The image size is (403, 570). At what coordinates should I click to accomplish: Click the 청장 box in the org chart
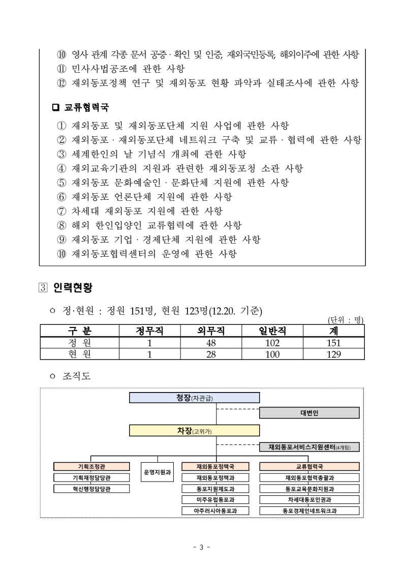coord(194,397)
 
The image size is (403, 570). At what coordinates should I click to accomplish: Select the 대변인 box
coord(309,413)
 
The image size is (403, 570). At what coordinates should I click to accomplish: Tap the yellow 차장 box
coord(194,431)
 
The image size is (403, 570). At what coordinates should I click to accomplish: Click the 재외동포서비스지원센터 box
coord(309,447)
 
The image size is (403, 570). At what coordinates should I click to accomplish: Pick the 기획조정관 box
coord(91,466)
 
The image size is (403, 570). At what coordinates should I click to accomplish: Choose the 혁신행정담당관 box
coord(91,489)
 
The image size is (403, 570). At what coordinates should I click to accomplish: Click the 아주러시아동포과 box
coord(215,510)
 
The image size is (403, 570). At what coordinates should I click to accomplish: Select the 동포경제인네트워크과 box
coord(309,510)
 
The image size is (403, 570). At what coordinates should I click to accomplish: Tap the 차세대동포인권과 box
coord(309,499)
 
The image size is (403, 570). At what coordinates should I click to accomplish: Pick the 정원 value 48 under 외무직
coord(211,343)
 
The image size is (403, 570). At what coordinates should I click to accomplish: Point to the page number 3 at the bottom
coord(201,547)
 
